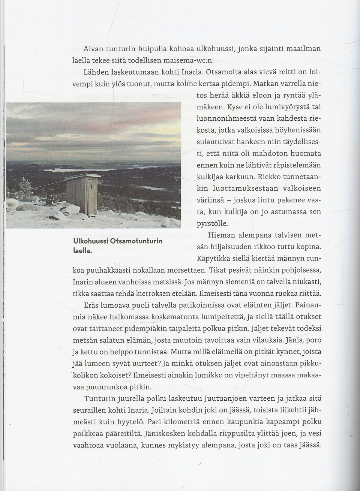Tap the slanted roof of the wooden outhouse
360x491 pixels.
83,177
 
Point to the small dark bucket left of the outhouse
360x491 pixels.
49,198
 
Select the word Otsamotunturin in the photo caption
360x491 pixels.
136,241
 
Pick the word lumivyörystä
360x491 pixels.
286,107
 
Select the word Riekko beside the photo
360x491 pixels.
276,177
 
